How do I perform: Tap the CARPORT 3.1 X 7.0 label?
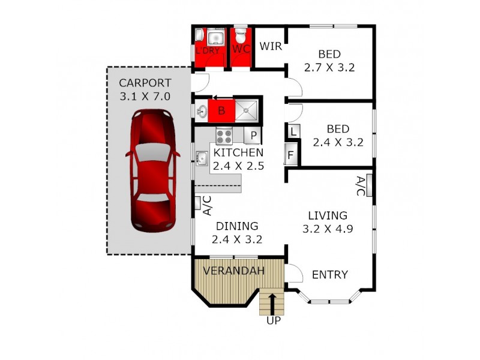coord(145,89)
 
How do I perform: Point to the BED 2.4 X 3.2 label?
coord(338,136)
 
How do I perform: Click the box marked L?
coord(292,131)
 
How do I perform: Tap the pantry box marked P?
coord(253,136)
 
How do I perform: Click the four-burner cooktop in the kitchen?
coord(224,135)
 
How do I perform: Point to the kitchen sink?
coord(201,158)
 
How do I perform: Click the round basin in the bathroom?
coord(202,111)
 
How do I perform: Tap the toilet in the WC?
coord(241,35)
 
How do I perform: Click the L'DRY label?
coord(208,50)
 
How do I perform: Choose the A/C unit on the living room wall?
coord(369,185)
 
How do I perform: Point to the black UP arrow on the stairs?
coord(273,304)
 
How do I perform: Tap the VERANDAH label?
coord(233,271)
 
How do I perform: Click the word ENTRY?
coord(329,275)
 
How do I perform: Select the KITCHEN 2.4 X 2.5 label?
coord(238,160)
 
